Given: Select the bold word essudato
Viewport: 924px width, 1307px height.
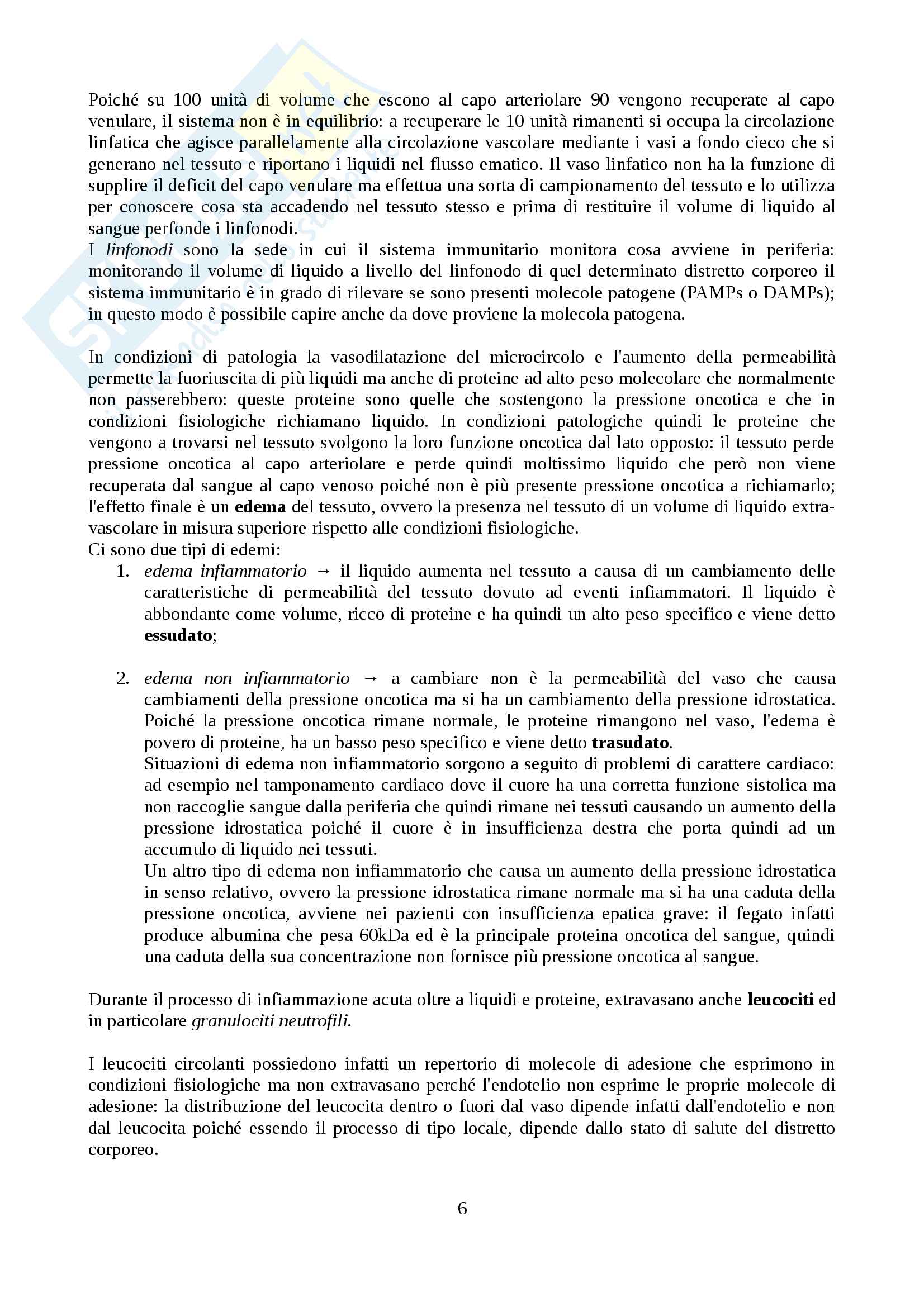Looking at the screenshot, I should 178,635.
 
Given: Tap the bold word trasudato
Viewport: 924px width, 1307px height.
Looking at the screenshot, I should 630,742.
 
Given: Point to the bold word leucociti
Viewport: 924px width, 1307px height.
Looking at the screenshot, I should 780,1000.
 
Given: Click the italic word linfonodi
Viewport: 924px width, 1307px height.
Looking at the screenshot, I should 140,250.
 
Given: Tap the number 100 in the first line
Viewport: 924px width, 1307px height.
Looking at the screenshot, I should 187,100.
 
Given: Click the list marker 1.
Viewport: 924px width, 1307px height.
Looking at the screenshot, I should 122,571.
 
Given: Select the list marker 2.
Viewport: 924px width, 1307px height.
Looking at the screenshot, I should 122,678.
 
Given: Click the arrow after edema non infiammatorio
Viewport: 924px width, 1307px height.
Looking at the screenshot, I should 370,678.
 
